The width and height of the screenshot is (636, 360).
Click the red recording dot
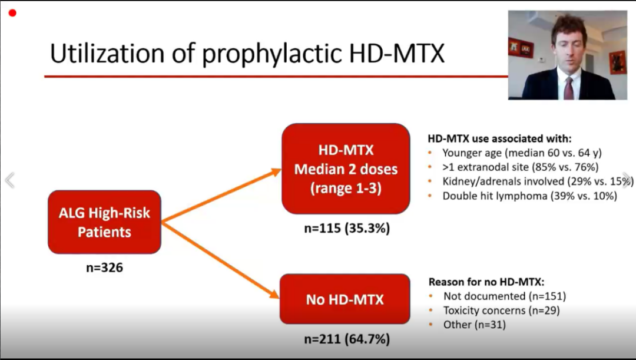[12, 13]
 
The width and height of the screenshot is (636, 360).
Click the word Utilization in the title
[107, 54]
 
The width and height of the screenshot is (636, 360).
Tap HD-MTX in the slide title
[397, 54]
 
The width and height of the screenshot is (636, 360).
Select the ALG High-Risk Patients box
[105, 222]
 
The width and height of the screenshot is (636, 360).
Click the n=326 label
[105, 267]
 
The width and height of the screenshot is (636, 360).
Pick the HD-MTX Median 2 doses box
[346, 169]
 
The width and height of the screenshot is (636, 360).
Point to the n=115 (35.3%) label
[347, 228]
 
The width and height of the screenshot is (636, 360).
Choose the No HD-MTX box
[344, 299]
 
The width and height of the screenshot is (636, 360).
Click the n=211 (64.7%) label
[347, 338]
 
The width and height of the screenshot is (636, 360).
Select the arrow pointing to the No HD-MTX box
[221, 260]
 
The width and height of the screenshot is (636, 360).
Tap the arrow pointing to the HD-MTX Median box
[221, 196]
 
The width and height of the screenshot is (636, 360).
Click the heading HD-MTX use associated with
[500, 139]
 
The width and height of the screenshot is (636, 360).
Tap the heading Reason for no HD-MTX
[487, 282]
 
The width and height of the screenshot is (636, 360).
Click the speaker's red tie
[569, 88]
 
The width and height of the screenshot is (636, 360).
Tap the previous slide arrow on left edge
[10, 180]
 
